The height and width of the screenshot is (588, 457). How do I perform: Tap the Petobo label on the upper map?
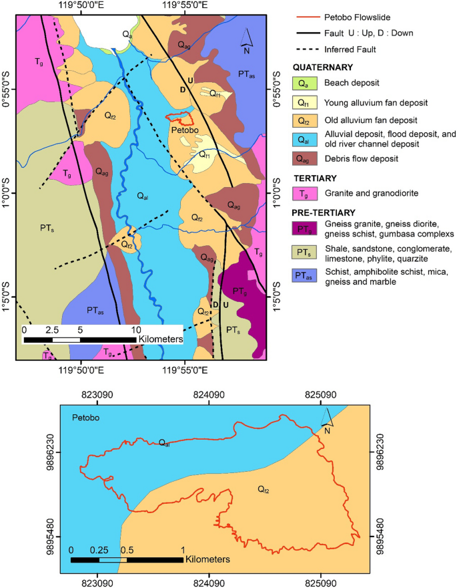pyautogui.click(x=183, y=130)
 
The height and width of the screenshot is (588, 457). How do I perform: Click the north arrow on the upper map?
pyautogui.click(x=246, y=39)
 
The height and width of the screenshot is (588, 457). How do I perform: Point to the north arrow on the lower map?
pyautogui.click(x=327, y=421)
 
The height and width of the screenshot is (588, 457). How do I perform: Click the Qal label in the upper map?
pyautogui.click(x=142, y=195)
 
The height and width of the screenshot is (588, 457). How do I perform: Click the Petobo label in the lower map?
pyautogui.click(x=85, y=418)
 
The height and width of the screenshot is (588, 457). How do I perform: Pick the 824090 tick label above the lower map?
pyautogui.click(x=209, y=395)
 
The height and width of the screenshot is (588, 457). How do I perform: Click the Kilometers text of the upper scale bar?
pyautogui.click(x=161, y=339)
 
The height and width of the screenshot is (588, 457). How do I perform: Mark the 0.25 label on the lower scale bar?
pyautogui.click(x=99, y=550)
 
